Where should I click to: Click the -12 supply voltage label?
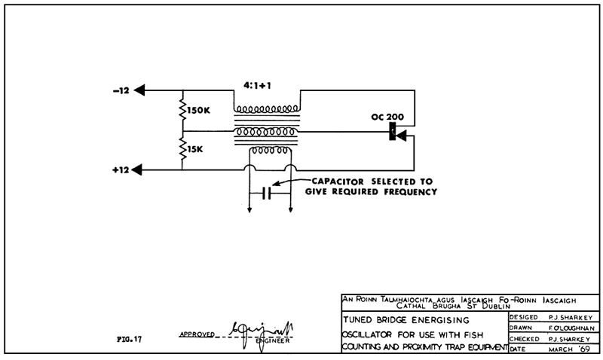tap(121, 90)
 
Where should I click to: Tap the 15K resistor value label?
tap(195, 150)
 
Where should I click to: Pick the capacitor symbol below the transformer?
tap(267, 194)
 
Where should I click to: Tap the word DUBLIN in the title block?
tap(497, 305)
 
